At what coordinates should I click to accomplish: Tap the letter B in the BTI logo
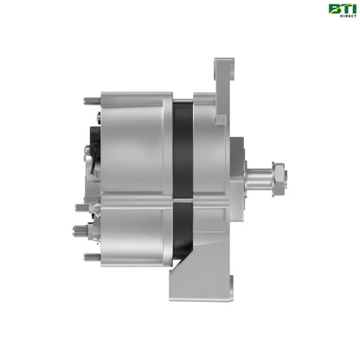tap(333, 9)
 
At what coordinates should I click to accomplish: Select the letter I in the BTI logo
tap(351, 9)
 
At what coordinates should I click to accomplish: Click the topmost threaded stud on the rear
tap(90, 100)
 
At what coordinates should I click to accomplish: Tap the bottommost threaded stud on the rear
tap(90, 256)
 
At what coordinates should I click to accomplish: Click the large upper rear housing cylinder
tap(134, 130)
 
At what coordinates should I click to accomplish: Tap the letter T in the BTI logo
tap(344, 9)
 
